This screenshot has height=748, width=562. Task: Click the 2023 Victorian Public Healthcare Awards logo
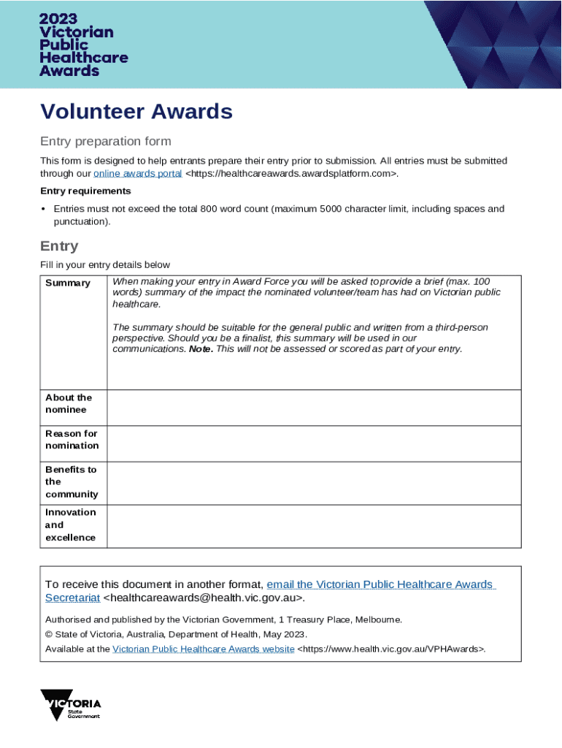84,45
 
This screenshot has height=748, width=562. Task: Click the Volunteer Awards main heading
136,112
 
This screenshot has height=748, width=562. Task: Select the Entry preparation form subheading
105,141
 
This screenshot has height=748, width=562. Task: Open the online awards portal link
138,173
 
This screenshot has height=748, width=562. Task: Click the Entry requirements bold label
85,191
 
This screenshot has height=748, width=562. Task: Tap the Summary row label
68,283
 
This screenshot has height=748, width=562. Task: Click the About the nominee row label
69,403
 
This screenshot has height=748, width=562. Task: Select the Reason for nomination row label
72,439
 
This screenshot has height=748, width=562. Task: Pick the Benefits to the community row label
71,481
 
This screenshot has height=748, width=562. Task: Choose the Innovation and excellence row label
70,524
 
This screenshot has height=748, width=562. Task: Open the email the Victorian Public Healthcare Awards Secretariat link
380,584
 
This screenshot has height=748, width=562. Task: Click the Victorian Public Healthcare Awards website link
204,649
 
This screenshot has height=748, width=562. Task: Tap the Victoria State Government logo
71,704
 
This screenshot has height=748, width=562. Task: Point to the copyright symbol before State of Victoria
49,634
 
